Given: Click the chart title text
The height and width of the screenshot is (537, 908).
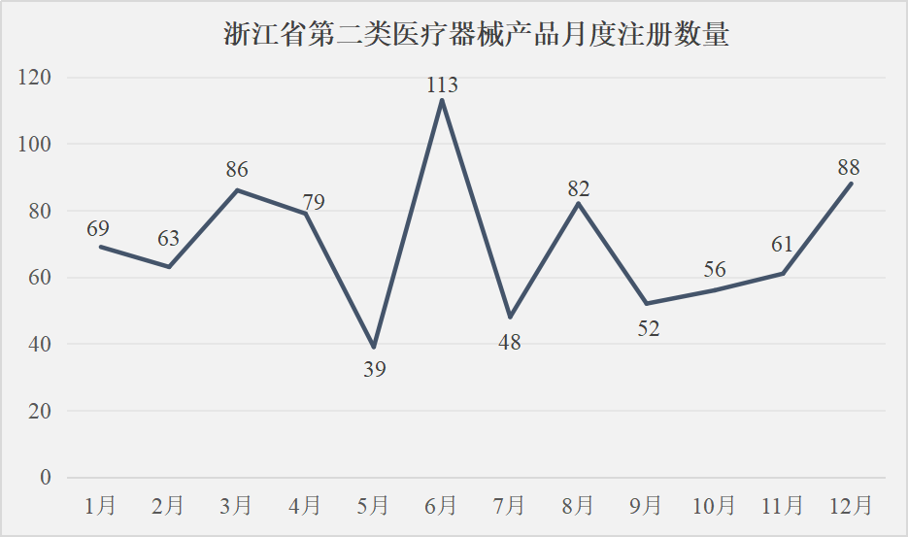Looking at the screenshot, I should coord(476,37).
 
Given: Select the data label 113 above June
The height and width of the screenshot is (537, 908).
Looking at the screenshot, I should coord(442,85).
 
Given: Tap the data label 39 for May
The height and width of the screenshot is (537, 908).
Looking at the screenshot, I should coord(374,369).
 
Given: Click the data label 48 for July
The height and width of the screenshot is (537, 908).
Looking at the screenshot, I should coord(510,342).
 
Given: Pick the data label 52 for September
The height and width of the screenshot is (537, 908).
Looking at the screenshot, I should coord(648,328).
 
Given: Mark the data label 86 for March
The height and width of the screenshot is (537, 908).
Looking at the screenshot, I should coord(237,169).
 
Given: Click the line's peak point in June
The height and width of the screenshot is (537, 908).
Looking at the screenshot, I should coord(442,100).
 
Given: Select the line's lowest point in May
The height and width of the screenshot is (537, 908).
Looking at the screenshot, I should coord(374,348).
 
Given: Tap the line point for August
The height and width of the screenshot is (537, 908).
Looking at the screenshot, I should coord(579,203).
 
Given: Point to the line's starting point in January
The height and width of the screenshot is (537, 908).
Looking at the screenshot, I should coord(101,247).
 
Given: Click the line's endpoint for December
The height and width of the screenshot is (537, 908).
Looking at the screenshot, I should coord(852,184).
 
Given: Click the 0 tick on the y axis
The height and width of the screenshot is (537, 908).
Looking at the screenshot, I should coord(45,478).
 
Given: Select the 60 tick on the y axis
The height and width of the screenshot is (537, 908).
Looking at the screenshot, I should coord(41,278).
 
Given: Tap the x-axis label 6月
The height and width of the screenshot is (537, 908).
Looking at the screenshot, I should coord(441,505).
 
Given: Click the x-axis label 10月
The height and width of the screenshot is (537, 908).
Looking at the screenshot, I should coord(714,505).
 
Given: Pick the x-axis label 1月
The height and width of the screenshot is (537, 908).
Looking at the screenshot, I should coord(101,505).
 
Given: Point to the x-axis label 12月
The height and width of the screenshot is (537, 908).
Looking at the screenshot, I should coord(851,505).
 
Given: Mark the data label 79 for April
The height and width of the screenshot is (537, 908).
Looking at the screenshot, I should coord(313,202).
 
